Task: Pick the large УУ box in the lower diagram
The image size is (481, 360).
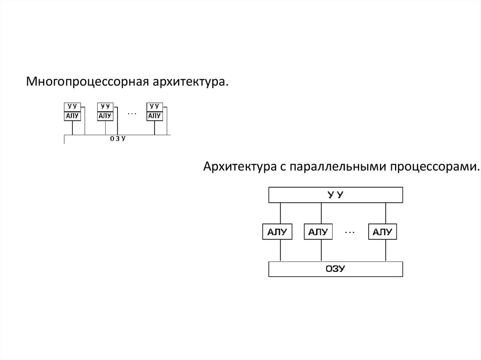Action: click(335, 195)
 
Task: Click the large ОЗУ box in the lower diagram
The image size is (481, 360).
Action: click(335, 269)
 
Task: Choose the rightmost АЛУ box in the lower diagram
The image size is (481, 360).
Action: click(382, 232)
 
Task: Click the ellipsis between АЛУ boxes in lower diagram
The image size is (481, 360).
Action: click(350, 231)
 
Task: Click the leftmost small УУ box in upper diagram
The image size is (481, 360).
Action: click(72, 107)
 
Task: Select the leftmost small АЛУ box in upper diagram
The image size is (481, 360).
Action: click(72, 116)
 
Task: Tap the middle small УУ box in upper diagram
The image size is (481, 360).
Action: click(105, 107)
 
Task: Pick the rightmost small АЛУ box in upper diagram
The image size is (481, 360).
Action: click(154, 116)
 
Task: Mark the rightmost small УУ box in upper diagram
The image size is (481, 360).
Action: click(154, 107)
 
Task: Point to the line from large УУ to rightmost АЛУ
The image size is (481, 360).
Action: click(386, 213)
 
